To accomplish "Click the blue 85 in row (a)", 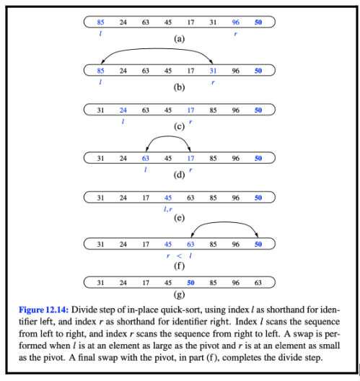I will (100, 22).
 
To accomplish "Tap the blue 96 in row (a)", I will (235, 22).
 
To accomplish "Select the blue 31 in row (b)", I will (213, 71).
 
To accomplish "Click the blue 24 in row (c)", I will (123, 110).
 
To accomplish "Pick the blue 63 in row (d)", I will (146, 158).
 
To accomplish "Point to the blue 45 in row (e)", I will (168, 197).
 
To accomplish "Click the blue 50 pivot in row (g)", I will (190, 283).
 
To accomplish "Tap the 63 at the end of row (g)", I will (258, 283).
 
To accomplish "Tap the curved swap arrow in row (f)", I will (224, 224).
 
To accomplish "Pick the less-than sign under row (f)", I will (179, 255).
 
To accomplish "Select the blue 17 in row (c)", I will (190, 110).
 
